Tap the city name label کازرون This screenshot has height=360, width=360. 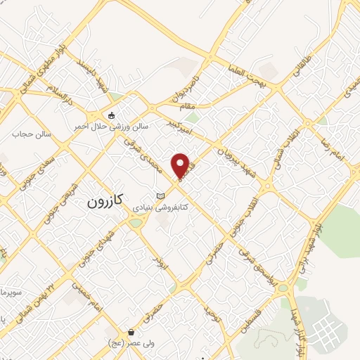105,201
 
